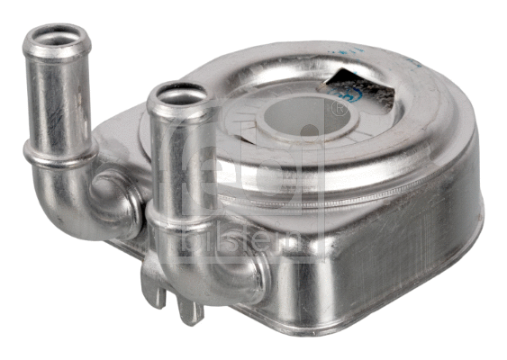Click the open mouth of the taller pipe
point(59,40)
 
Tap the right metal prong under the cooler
point(187,309)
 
